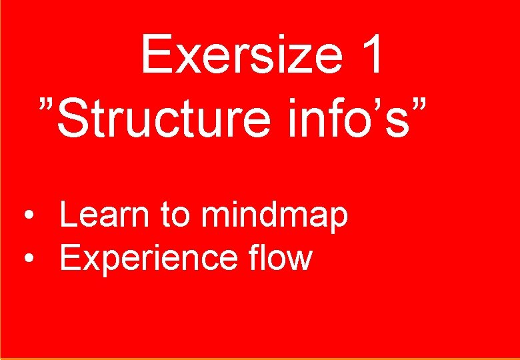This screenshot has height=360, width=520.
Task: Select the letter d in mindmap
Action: (x=267, y=215)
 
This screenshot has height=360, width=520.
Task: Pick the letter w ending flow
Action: (x=301, y=261)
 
